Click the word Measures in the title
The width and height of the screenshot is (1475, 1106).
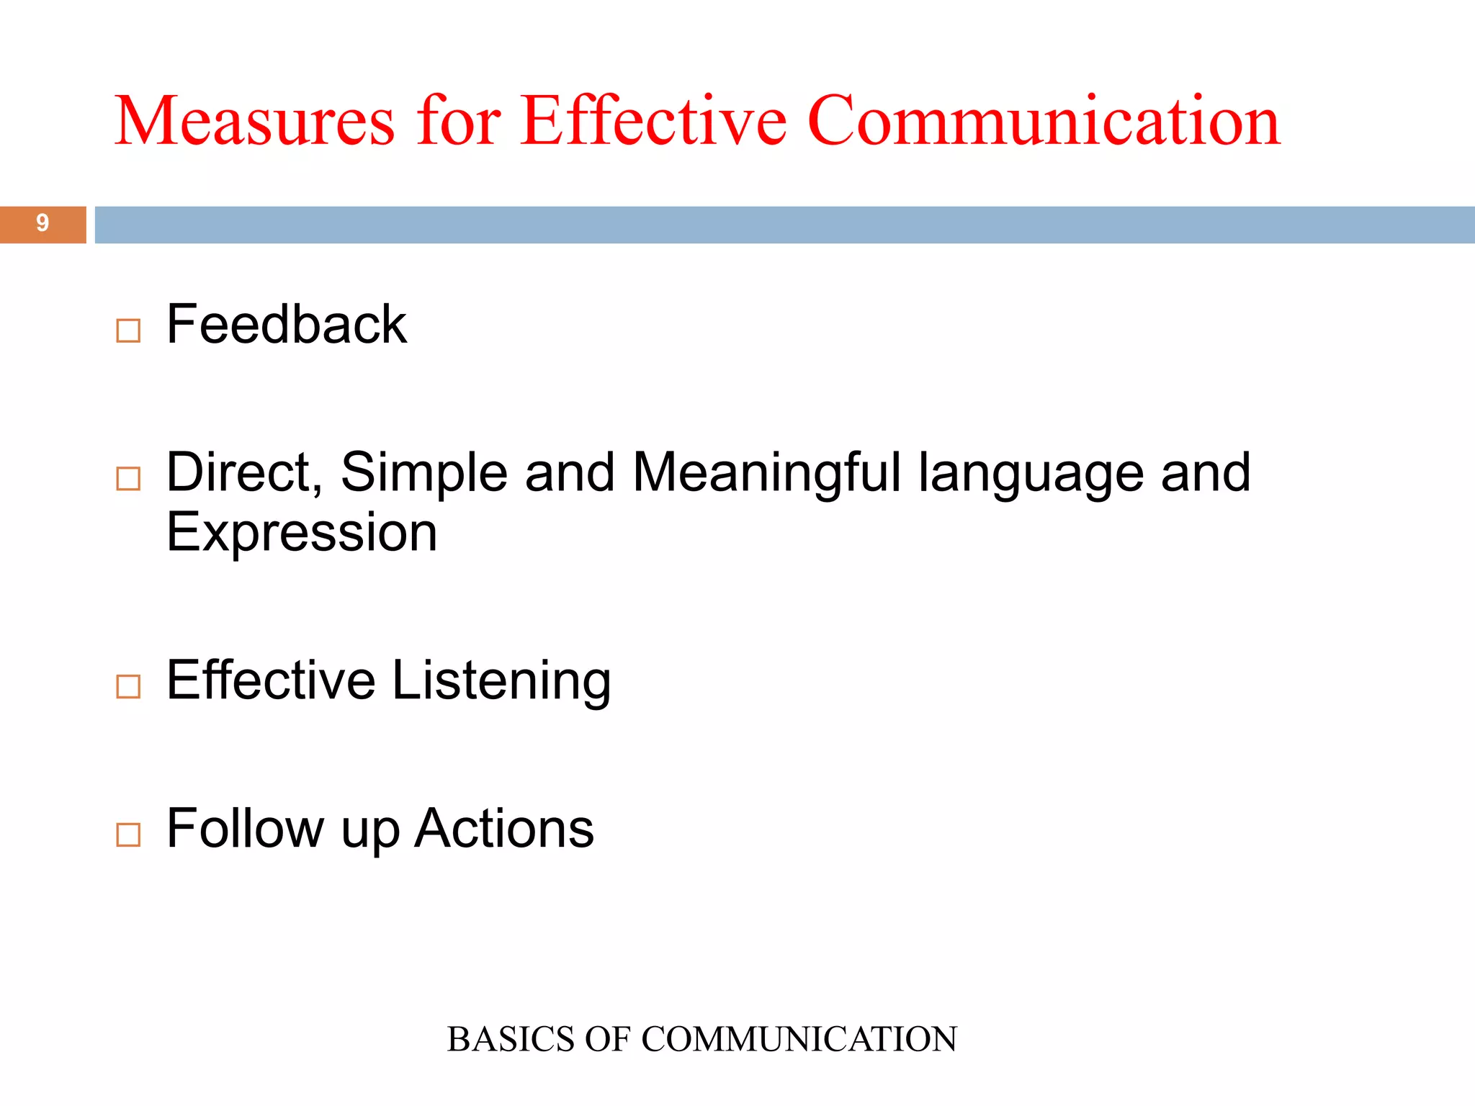pyautogui.click(x=254, y=121)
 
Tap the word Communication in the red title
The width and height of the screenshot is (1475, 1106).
pyautogui.click(x=1044, y=121)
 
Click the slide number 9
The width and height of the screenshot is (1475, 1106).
pyautogui.click(x=42, y=223)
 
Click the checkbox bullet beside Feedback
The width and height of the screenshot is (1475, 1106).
pyautogui.click(x=128, y=331)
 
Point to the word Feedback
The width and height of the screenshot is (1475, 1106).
pyautogui.click(x=287, y=325)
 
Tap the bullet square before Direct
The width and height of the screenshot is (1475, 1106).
pyautogui.click(x=128, y=478)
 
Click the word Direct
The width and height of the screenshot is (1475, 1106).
pyautogui.click(x=243, y=473)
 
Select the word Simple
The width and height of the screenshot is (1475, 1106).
pyautogui.click(x=424, y=473)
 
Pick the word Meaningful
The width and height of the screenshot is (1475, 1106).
pyautogui.click(x=766, y=473)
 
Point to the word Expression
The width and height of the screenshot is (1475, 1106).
pyautogui.click(x=302, y=534)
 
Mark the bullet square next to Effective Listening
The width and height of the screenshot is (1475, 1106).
pyautogui.click(x=128, y=686)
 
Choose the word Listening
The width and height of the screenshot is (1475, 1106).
pyautogui.click(x=501, y=681)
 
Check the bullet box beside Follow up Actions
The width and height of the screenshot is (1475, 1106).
pyautogui.click(x=128, y=835)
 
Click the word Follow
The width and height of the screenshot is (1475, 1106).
pyautogui.click(x=245, y=829)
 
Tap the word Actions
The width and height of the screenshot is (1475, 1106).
pyautogui.click(x=504, y=829)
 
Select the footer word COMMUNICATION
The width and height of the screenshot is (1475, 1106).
pyautogui.click(x=799, y=1039)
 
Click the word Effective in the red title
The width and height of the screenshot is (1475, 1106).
pyautogui.click(x=653, y=121)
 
